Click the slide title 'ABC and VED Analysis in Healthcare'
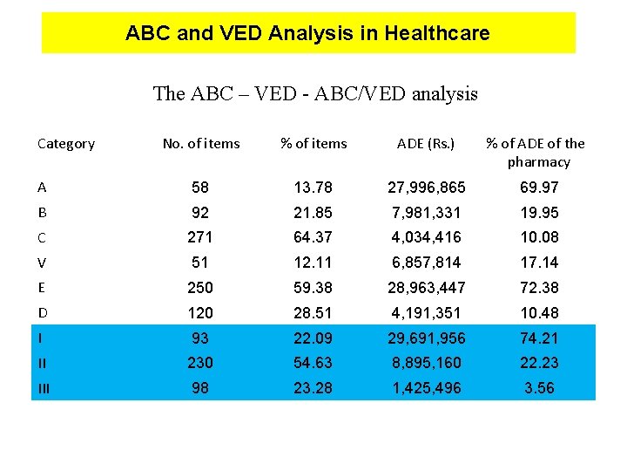(x=307, y=34)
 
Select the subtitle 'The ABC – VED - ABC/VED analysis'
(x=315, y=93)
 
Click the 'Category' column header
(x=66, y=144)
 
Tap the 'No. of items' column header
(x=201, y=144)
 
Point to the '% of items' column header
(x=313, y=144)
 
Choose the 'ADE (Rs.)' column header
(x=426, y=144)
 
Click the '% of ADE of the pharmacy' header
(x=535, y=153)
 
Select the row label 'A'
(x=42, y=188)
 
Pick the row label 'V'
(x=42, y=263)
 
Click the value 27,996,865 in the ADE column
(x=426, y=188)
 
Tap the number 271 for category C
(x=201, y=237)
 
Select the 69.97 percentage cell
(x=538, y=188)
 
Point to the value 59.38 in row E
(x=313, y=288)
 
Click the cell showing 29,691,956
(x=426, y=338)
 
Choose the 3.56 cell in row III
(x=538, y=388)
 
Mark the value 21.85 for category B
(x=313, y=213)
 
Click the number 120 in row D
(x=201, y=313)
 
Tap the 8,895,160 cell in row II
(x=426, y=363)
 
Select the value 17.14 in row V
(x=538, y=263)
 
